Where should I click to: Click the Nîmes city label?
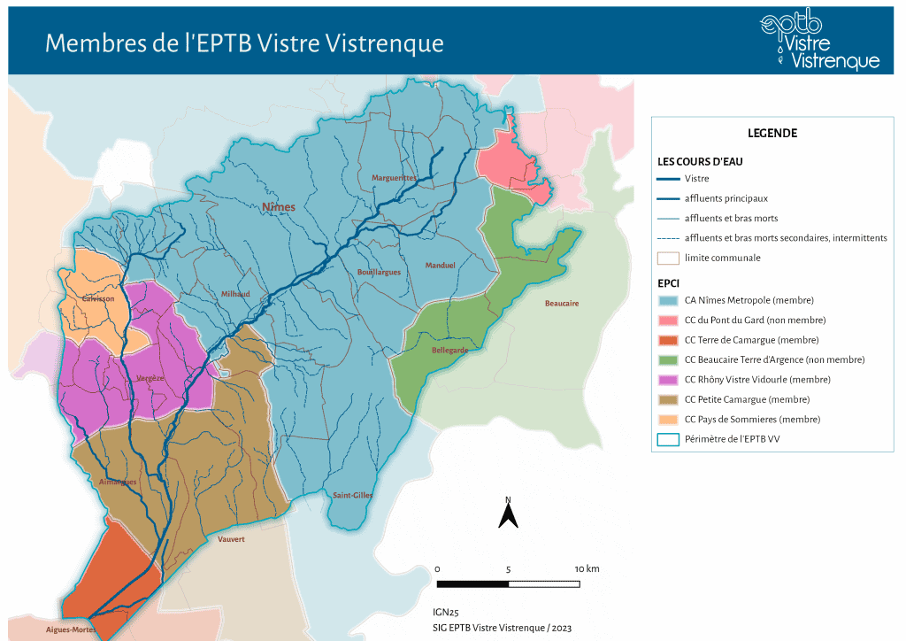tap(278, 207)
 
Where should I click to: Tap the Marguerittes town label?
tap(394, 178)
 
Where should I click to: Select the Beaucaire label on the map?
tap(561, 304)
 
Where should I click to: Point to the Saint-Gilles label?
tap(352, 495)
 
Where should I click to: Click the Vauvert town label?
tap(231, 538)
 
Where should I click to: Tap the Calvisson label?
tap(98, 299)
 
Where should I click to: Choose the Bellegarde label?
tap(449, 351)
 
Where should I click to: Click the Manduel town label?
tap(440, 266)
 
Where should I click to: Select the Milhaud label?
tap(235, 294)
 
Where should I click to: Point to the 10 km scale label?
tap(587, 568)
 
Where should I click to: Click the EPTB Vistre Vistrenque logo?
tap(819, 41)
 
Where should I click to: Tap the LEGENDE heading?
tap(772, 134)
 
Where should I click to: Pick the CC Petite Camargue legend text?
tap(752, 399)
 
